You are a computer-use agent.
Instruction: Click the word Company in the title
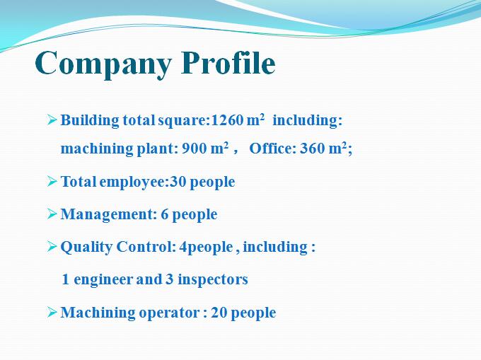tap(103, 64)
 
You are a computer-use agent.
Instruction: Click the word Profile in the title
tap(228, 62)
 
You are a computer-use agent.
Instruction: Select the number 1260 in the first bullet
tap(227, 120)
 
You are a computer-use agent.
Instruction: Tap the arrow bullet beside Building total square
tap(52, 120)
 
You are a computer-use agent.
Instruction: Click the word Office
tap(272, 149)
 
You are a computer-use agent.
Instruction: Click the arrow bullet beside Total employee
tap(52, 181)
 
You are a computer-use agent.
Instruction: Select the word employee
tap(133, 182)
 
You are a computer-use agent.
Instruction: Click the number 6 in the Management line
tap(164, 214)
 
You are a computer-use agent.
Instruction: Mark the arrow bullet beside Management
tap(52, 214)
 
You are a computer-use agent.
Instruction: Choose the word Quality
tap(86, 248)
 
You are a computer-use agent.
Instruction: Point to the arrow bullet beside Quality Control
tap(52, 246)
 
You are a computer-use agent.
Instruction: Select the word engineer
tap(103, 280)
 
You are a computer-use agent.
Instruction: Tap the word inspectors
tap(213, 280)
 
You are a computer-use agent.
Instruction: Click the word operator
tap(169, 313)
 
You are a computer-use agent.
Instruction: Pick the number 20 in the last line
tap(219, 313)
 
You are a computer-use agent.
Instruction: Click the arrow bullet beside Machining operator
tap(52, 312)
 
